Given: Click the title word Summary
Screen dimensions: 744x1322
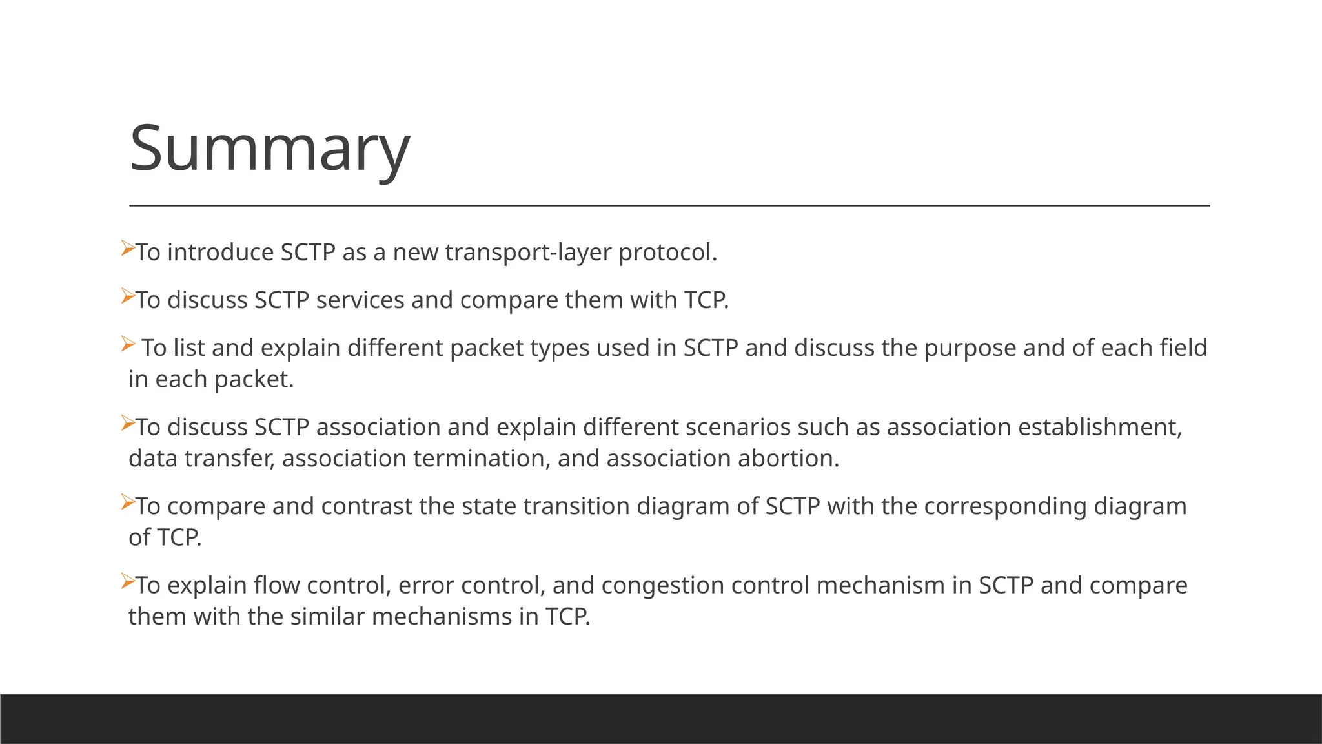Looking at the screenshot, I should (x=269, y=149).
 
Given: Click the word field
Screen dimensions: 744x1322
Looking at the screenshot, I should (x=1183, y=348).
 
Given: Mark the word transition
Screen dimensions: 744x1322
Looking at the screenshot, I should (x=576, y=506).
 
